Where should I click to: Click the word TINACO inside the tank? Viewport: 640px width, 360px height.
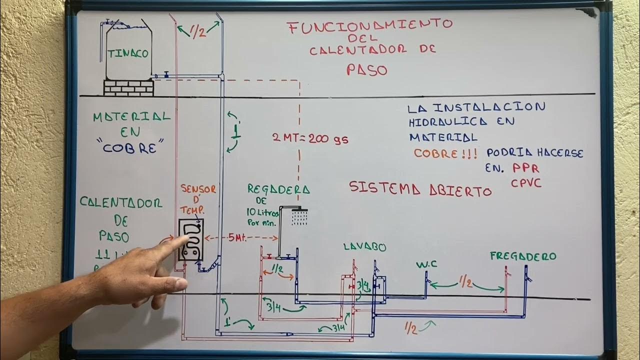click(128, 53)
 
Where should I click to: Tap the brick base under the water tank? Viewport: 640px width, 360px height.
click(128, 88)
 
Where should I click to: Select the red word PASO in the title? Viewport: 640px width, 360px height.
click(367, 69)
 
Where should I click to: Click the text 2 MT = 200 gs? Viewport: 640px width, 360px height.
click(310, 139)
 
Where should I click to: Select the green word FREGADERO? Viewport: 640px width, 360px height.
click(523, 256)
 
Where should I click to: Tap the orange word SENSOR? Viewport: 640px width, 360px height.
click(198, 189)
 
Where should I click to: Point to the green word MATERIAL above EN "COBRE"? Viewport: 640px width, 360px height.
click(131, 117)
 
